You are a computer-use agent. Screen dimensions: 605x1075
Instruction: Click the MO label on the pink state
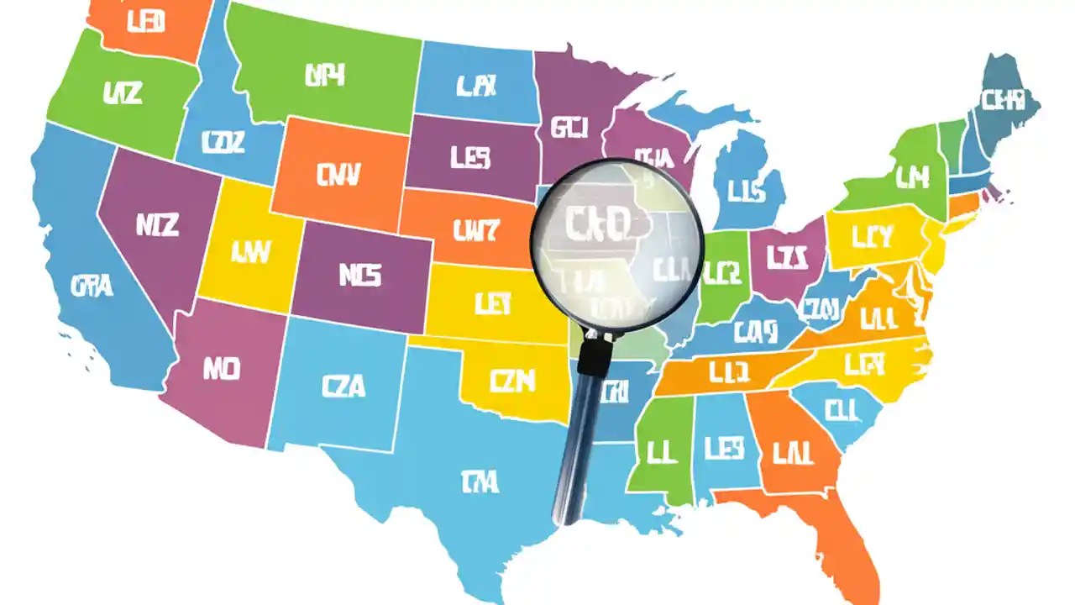point(222,369)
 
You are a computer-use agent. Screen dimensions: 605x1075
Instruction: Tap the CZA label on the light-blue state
point(343,386)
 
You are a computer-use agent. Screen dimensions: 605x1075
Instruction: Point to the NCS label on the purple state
point(360,275)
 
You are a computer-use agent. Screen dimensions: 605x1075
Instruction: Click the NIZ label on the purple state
point(157,224)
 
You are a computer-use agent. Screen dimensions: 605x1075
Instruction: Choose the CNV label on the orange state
point(339,175)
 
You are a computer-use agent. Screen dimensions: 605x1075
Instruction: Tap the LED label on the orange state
point(145,22)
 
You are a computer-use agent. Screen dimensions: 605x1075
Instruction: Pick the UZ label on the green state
point(123,92)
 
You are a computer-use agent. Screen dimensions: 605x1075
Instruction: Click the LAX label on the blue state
point(477,84)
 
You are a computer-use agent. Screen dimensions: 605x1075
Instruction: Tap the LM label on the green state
point(911,176)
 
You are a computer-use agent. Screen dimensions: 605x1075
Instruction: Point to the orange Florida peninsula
point(848,538)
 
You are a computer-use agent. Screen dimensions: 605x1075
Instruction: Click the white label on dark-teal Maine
point(1004,101)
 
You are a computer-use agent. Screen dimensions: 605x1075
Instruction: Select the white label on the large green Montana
point(325,76)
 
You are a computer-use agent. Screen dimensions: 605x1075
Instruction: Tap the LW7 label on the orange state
point(475,229)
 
